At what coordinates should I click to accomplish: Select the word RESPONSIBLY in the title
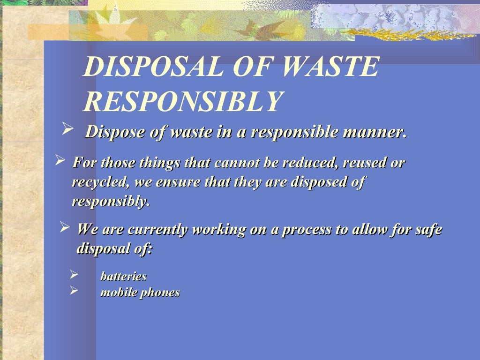(x=183, y=101)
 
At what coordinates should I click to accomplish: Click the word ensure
(x=176, y=182)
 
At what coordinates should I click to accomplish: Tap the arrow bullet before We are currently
(x=65, y=228)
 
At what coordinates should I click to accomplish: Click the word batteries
(x=123, y=277)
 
